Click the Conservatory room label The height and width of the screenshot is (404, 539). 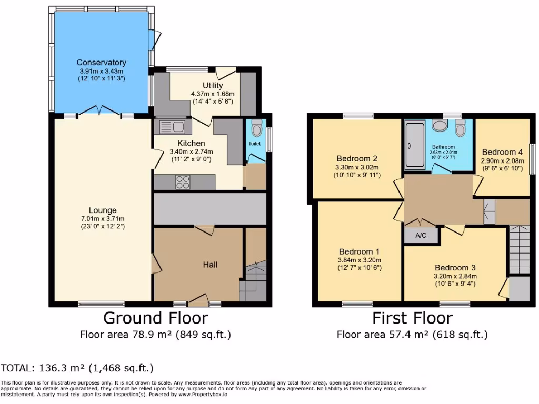pos(101,63)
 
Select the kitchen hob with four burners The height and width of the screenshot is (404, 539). pos(183,182)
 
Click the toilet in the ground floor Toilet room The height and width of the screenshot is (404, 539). pos(256,128)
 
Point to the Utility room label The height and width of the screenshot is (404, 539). pos(213,85)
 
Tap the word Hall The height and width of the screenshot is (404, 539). pos(211,265)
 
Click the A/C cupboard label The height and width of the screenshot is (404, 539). pos(421,236)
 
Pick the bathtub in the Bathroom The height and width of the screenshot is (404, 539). pos(416,145)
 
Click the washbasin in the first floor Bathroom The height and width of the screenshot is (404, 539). pos(439,125)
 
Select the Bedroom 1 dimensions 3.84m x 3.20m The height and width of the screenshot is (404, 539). pos(360,260)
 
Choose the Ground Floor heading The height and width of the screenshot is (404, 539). pos(155,318)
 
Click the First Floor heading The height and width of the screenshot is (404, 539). pos(412,318)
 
